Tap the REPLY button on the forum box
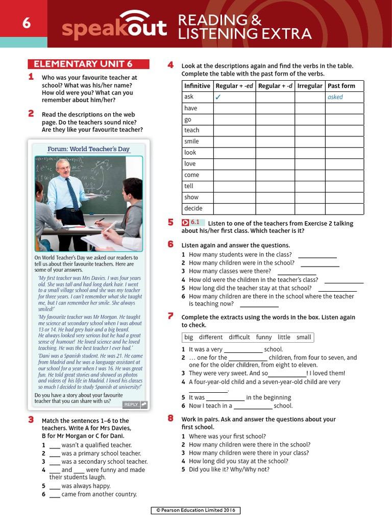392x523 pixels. point(135,405)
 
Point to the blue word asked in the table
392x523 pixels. point(335,97)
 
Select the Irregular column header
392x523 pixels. point(310,86)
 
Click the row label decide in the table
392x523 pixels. point(193,208)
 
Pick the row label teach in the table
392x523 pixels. point(191,130)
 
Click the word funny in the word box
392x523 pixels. point(264,337)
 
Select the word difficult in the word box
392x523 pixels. point(239,337)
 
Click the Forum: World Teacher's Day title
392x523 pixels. point(88,149)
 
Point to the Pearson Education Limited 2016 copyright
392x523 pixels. point(196,510)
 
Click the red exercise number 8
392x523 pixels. point(170,418)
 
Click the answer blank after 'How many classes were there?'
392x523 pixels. point(297,271)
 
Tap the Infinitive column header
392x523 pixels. point(197,86)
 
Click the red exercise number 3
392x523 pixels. point(31,419)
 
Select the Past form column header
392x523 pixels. point(341,86)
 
